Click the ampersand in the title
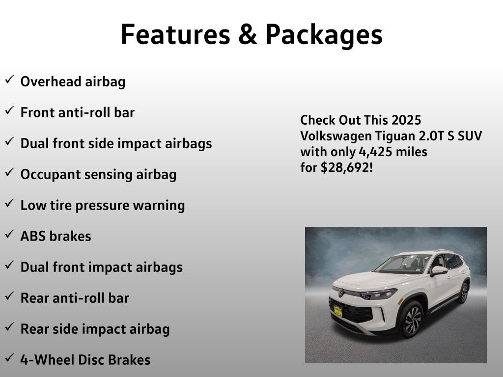(248, 35)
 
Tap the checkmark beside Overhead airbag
(10, 79)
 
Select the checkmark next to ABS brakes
(10, 234)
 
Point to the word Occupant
(50, 175)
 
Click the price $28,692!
(347, 168)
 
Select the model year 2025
(406, 120)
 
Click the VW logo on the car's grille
(341, 293)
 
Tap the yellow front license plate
(338, 311)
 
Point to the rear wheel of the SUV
(464, 293)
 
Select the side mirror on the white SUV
(439, 271)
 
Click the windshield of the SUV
(403, 264)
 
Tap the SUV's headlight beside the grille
(379, 294)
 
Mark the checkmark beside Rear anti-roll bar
(10, 296)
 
